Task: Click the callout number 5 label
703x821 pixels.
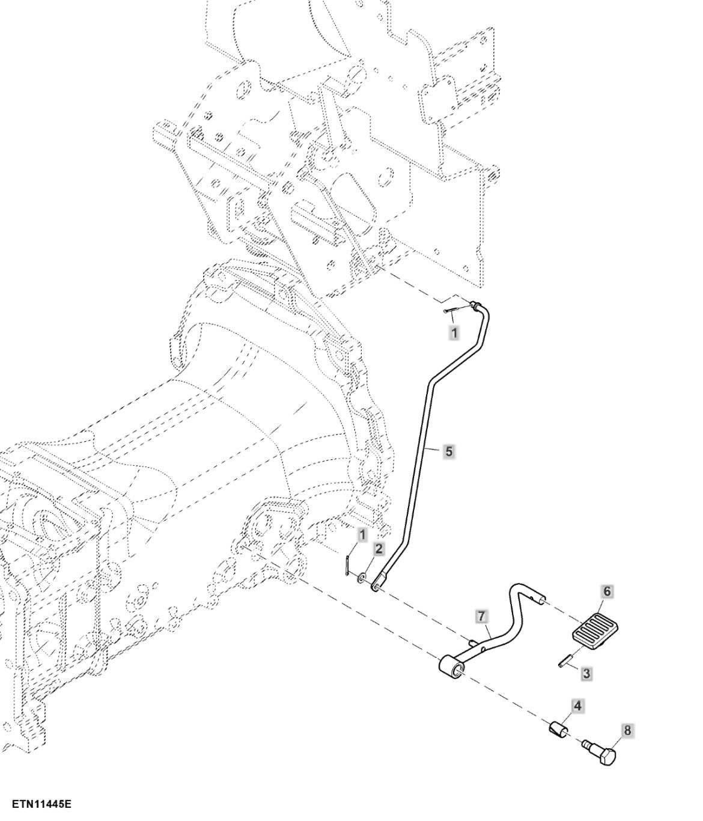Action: coord(449,451)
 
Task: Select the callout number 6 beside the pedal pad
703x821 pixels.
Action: coord(607,592)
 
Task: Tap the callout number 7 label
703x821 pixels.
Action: coord(481,616)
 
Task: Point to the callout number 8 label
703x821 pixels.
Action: coord(627,731)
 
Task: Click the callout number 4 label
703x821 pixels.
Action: coord(577,706)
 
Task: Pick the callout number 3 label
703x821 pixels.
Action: coord(586,673)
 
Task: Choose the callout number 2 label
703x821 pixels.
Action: coord(379,549)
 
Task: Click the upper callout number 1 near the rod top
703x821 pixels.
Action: coord(454,332)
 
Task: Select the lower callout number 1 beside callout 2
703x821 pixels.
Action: coord(362,534)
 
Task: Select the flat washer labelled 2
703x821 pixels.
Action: coord(362,578)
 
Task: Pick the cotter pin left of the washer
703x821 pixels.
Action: coord(349,565)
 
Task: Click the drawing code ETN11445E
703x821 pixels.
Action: coord(37,804)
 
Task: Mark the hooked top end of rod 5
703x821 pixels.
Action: coord(479,307)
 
